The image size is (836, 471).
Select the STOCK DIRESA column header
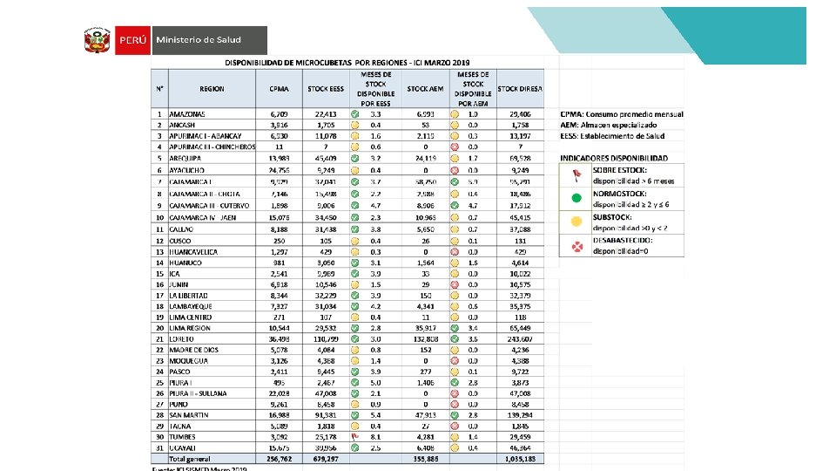click(520, 89)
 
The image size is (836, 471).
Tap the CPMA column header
click(280, 89)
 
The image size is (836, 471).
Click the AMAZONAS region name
click(187, 114)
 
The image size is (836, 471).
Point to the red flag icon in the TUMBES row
click(354, 436)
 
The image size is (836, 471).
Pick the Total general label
click(190, 458)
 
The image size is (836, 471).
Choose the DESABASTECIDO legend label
click(624, 241)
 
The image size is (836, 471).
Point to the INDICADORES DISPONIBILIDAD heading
click(615, 158)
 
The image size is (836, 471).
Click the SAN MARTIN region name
click(191, 414)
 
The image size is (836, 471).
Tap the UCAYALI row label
click(185, 447)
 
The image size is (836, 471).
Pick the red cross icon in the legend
click(575, 247)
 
